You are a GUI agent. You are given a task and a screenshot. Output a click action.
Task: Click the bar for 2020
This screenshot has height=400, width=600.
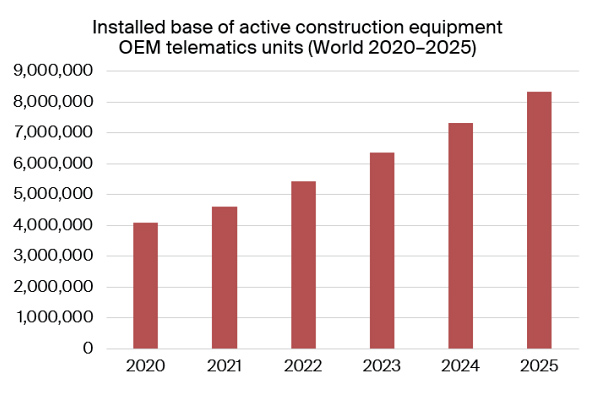click(x=145, y=286)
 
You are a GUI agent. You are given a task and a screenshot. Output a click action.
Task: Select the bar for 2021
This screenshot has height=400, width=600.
click(x=224, y=278)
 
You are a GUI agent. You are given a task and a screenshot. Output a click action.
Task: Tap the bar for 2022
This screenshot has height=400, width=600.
click(x=303, y=265)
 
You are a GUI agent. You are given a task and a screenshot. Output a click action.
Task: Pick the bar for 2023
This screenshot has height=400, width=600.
click(x=382, y=251)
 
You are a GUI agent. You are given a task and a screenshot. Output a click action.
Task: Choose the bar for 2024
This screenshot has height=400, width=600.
click(x=460, y=236)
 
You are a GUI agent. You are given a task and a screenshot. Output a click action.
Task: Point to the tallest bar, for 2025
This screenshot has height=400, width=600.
click(x=539, y=220)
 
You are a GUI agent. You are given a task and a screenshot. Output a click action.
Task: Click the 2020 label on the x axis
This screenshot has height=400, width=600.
click(x=145, y=367)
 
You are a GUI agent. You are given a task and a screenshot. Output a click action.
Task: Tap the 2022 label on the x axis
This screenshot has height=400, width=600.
click(x=303, y=367)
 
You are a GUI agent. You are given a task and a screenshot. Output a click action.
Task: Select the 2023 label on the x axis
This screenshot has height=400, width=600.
click(x=382, y=367)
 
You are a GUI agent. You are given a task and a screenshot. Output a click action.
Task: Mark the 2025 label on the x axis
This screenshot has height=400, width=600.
click(x=539, y=367)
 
